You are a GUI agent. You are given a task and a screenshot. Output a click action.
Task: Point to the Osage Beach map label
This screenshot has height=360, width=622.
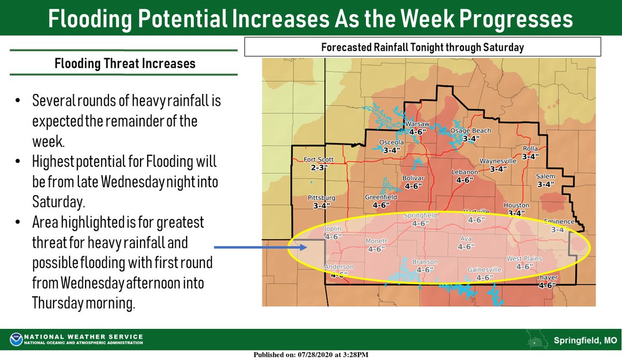point(470,131)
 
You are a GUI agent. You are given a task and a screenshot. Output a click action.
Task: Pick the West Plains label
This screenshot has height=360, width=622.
point(524,259)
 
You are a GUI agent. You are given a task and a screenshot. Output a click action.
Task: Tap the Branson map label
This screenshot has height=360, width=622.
point(425,262)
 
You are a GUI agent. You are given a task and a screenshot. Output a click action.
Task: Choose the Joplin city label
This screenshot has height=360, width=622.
point(333,229)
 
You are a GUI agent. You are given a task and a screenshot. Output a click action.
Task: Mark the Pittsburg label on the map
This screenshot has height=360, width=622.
point(322,198)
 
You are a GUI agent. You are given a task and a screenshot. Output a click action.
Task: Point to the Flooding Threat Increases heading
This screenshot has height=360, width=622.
point(125,64)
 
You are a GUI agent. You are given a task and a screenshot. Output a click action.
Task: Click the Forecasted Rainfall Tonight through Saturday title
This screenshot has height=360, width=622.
point(422,48)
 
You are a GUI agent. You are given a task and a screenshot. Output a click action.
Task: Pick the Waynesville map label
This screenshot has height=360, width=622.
point(498,161)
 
